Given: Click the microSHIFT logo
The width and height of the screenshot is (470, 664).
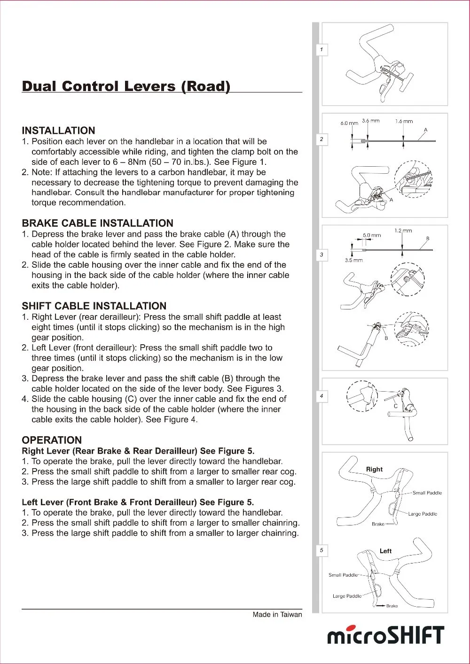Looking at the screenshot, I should click(385, 635).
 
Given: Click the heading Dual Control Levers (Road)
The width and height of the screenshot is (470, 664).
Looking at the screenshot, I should click(126, 86).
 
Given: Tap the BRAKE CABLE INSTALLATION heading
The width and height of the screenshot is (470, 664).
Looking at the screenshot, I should click(97, 223).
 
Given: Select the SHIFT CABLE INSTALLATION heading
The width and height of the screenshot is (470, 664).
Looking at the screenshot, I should click(94, 306).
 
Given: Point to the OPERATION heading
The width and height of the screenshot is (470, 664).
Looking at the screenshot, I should click(52, 440).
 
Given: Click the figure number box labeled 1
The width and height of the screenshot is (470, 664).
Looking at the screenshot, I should click(321, 49).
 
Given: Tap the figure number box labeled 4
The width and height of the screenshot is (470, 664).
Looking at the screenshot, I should click(321, 396).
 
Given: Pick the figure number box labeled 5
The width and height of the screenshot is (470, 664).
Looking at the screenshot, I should click(321, 550).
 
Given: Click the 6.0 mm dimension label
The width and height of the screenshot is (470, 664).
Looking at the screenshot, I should click(349, 123).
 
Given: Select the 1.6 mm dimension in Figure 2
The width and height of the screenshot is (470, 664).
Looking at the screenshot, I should click(404, 121).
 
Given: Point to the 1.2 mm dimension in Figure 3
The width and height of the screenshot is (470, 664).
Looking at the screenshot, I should click(403, 231).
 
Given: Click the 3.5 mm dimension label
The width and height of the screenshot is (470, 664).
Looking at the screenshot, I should click(353, 260).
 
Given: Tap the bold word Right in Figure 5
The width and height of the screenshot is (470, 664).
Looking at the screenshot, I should click(374, 469).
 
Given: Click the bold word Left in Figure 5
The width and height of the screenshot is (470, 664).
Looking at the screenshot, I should click(385, 551).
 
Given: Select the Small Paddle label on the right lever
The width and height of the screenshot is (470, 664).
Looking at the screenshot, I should click(427, 493).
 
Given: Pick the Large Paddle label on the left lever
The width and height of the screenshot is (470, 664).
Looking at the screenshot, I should click(347, 596).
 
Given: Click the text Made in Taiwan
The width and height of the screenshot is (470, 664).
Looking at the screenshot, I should click(277, 614).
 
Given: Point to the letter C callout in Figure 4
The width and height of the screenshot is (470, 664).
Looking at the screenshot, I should click(396, 406).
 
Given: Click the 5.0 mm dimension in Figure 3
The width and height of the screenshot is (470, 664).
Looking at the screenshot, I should click(372, 235).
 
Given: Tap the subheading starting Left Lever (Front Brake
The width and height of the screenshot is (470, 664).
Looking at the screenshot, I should click(138, 502).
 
